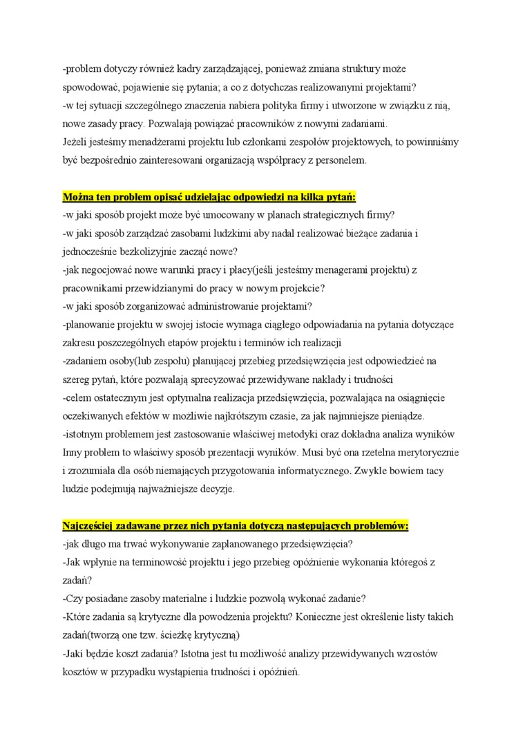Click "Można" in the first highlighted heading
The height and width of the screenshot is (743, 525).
[x=80, y=197]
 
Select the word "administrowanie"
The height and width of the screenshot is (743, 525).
[x=215, y=306]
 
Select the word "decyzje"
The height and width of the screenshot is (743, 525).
[x=216, y=489]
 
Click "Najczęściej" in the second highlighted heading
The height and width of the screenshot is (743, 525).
[x=95, y=525]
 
